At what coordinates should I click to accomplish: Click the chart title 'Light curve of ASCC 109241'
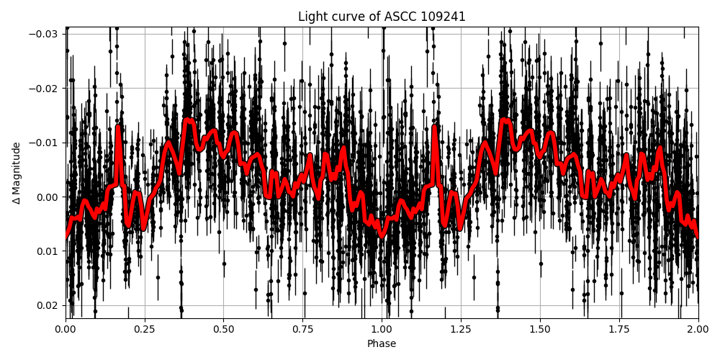tap(382, 17)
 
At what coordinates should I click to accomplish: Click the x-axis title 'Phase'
tap(382, 344)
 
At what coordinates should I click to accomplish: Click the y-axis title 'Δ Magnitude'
tap(17, 173)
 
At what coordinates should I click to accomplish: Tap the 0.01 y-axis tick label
tap(48, 251)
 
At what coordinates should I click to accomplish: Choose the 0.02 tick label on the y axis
tap(48, 305)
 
